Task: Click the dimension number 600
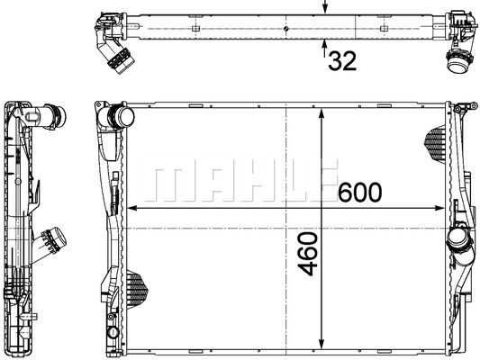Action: point(360,193)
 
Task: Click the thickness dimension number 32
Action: point(341,61)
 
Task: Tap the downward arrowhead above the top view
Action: point(325,8)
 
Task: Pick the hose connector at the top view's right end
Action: point(456,62)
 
